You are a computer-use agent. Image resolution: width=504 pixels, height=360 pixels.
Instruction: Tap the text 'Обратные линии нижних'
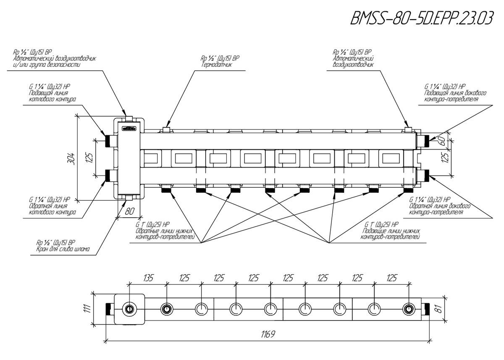tap(164, 231)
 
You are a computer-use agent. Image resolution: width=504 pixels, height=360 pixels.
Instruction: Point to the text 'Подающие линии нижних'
tap(391, 231)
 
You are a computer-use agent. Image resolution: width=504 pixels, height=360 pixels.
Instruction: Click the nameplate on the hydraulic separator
tap(129, 129)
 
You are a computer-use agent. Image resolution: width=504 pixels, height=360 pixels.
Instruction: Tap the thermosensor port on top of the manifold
tap(167, 130)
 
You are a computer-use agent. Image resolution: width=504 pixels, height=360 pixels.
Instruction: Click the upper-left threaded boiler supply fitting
tap(111, 140)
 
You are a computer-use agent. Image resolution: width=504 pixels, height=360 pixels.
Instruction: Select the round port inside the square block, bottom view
tap(129, 310)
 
